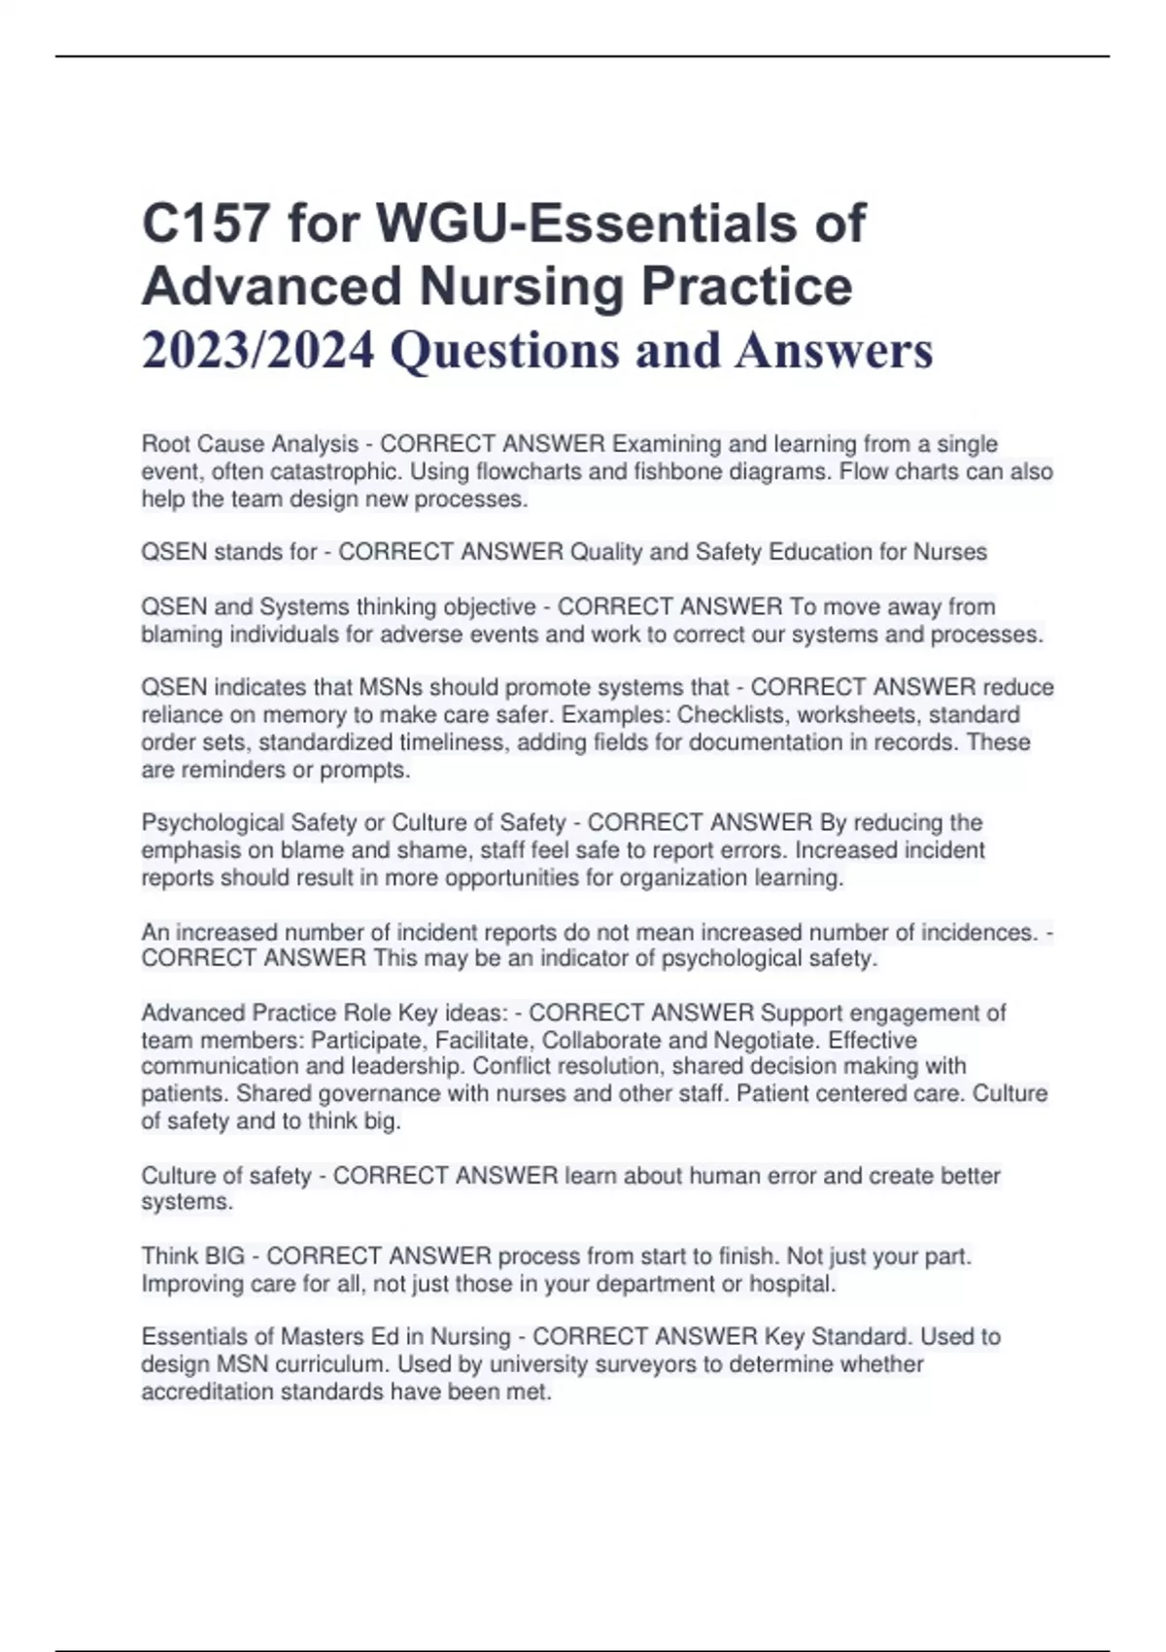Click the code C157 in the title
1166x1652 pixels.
click(x=205, y=224)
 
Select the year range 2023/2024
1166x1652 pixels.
click(x=257, y=351)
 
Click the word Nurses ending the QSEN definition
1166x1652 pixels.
click(x=949, y=552)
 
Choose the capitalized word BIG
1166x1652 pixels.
click(x=223, y=1256)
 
